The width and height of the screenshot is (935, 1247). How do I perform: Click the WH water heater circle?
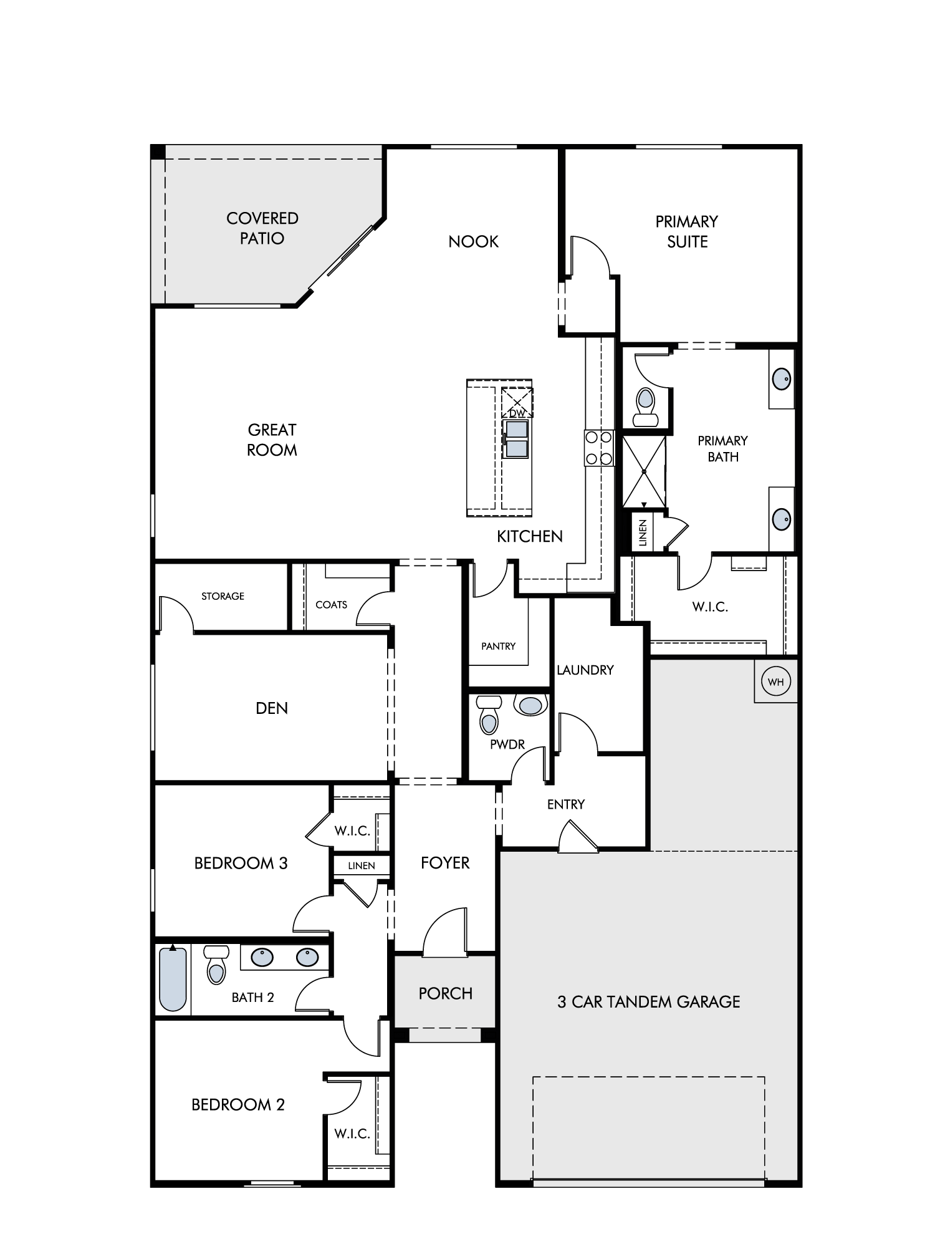coord(775,681)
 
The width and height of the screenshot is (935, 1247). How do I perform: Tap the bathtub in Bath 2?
coord(173,979)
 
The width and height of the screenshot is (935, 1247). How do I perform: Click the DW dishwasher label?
coord(517,413)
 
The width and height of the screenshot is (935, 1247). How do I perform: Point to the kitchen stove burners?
coord(598,448)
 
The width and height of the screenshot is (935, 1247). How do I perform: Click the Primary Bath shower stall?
coord(644,471)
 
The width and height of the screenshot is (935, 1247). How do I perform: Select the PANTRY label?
coord(498,646)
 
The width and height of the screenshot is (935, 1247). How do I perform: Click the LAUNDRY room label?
coord(585,670)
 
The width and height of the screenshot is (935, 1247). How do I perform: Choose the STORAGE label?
coord(223,596)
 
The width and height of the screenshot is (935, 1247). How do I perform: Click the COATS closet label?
coord(331,604)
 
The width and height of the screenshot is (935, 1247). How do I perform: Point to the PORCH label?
coord(445,993)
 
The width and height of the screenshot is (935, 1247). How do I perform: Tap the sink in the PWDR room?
coord(530,705)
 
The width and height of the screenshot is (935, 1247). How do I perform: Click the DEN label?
coord(272,708)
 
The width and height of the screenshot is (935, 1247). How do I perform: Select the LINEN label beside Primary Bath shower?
coord(643,532)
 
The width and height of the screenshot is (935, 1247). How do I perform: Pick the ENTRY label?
coord(566,804)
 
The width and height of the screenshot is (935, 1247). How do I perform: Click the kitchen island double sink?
coord(517,439)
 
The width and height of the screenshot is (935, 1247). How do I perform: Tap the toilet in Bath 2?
coord(216,965)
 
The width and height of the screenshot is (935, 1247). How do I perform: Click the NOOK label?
coord(473,241)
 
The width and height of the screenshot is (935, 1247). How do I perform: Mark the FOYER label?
coord(445,862)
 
